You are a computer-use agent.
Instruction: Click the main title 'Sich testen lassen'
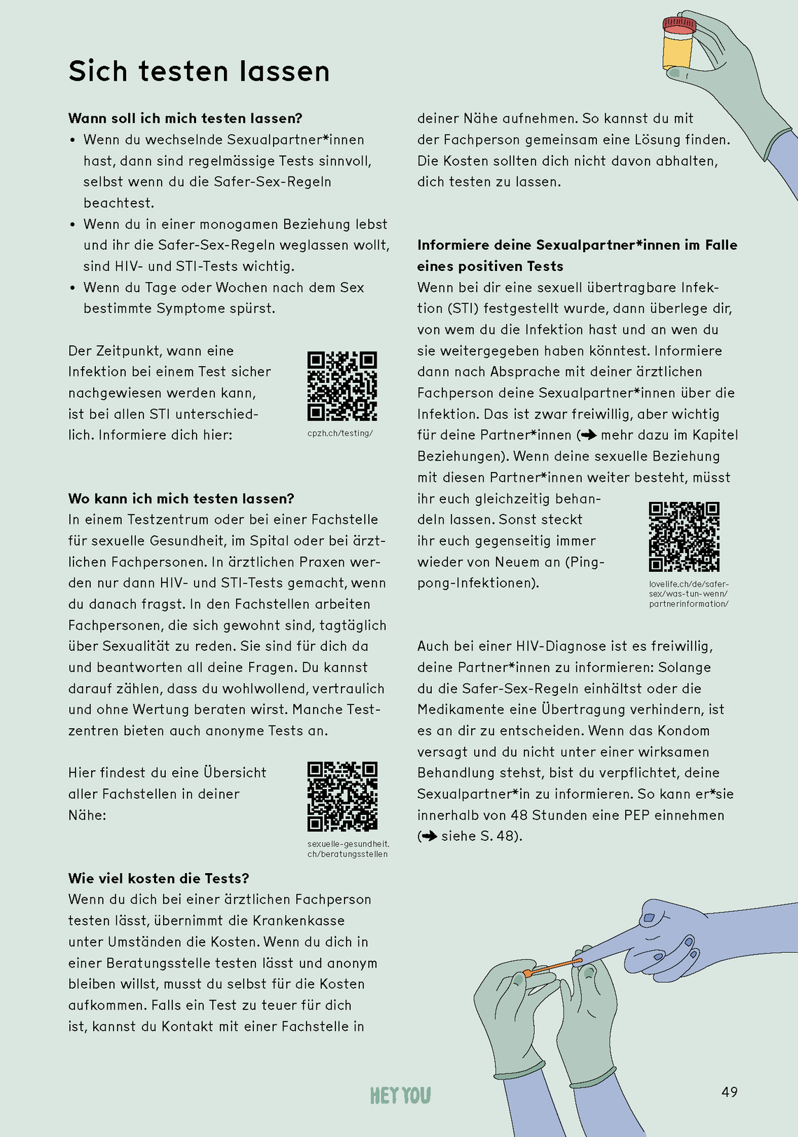[199, 71]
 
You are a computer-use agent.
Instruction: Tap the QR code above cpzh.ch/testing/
[342, 386]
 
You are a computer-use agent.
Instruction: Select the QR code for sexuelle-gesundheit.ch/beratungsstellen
[342, 797]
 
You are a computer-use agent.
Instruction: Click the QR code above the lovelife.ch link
[684, 536]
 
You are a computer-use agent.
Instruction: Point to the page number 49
[729, 1091]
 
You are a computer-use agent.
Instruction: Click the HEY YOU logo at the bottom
[400, 1095]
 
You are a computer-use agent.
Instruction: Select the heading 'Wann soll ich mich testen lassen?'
[185, 118]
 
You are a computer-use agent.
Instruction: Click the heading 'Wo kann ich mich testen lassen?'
[181, 498]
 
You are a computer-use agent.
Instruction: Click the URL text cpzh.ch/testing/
[340, 433]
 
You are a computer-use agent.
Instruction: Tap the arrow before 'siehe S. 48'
[429, 836]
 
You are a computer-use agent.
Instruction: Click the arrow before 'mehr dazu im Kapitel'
[589, 435]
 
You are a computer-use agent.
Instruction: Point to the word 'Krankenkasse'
[302, 921]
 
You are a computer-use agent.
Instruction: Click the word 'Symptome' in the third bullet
[190, 308]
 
